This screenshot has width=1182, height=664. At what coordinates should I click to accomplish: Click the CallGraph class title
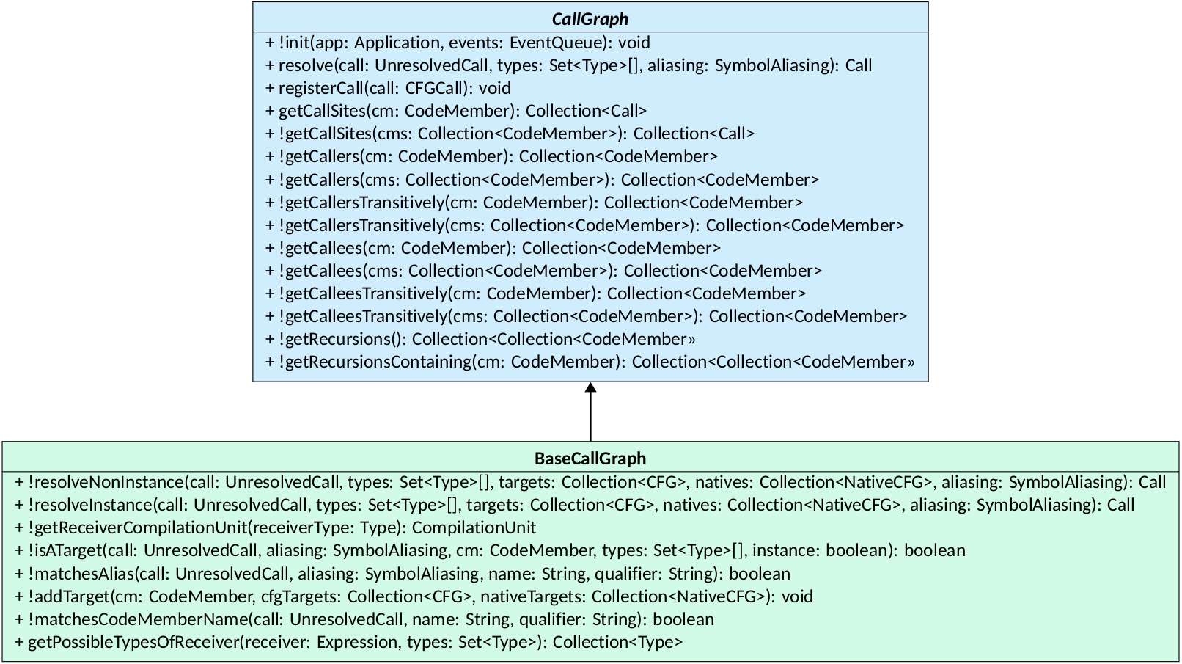(590, 19)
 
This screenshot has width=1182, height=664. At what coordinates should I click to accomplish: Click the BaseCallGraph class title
(590, 459)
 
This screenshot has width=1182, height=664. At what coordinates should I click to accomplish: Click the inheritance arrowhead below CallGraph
(590, 388)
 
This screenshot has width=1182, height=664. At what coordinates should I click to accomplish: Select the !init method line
(458, 43)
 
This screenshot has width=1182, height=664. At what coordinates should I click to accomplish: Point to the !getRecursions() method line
(480, 339)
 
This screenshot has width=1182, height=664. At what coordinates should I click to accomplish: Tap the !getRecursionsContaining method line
(590, 362)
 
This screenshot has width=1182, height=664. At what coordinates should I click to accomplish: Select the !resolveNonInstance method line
(590, 482)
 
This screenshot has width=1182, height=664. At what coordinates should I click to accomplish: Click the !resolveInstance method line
(574, 505)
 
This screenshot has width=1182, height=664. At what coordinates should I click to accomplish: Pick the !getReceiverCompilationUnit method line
(276, 528)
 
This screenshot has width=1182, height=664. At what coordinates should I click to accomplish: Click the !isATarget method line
(490, 550)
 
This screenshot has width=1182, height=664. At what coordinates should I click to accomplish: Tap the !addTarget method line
(414, 596)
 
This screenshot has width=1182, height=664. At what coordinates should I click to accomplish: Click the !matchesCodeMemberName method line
(364, 619)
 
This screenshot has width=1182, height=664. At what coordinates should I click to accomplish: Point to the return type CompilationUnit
(474, 528)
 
